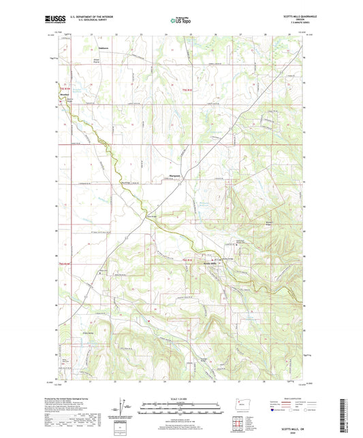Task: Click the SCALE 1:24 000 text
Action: click(180, 398)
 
